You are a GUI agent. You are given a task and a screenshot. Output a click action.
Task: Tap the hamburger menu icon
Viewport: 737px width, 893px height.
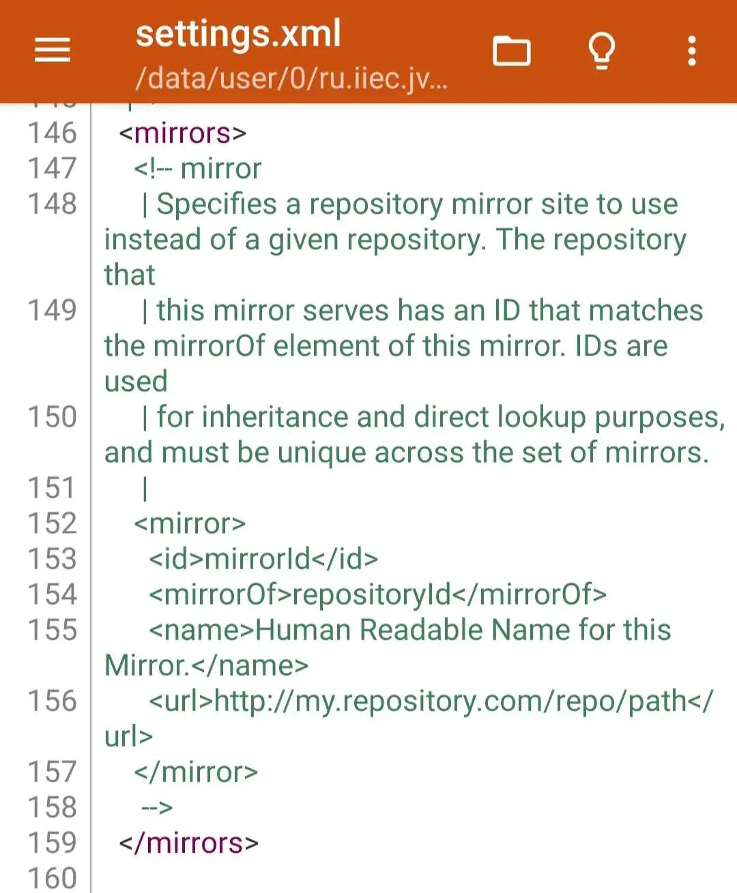click(x=53, y=51)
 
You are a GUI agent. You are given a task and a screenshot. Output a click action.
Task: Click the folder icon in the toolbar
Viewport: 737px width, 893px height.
click(x=511, y=51)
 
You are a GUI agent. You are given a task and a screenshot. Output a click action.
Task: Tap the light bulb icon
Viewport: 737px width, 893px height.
click(x=601, y=51)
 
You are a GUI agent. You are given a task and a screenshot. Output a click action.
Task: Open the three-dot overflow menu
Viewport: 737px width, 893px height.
click(x=692, y=51)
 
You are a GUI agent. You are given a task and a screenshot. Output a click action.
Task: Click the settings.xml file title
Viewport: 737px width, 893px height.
click(x=238, y=34)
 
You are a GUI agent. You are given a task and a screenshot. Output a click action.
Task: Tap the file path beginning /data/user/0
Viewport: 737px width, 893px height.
click(x=291, y=79)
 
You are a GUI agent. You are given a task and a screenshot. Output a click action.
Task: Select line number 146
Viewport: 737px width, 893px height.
click(x=52, y=133)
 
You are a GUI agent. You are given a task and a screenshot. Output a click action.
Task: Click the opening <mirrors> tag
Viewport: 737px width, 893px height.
click(x=182, y=133)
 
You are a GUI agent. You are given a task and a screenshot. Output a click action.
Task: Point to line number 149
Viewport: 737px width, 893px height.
click(x=52, y=311)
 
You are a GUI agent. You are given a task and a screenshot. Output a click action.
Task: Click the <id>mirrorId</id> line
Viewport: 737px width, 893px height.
click(x=263, y=559)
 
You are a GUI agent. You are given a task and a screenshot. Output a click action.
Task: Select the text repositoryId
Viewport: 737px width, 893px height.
click(x=372, y=595)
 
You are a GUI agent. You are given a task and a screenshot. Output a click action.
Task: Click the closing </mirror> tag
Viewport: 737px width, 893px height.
click(x=196, y=772)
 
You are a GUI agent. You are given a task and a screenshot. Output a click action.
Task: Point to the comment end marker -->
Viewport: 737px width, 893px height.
click(x=157, y=808)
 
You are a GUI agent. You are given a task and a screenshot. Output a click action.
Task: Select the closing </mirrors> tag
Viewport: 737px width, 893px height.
click(x=189, y=843)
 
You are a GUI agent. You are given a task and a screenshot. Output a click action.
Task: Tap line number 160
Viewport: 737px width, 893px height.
click(x=52, y=877)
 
